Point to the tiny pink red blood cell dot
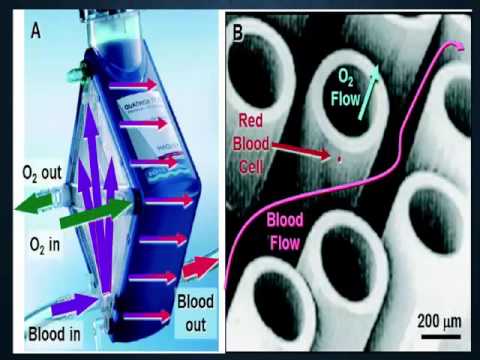(340, 159)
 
